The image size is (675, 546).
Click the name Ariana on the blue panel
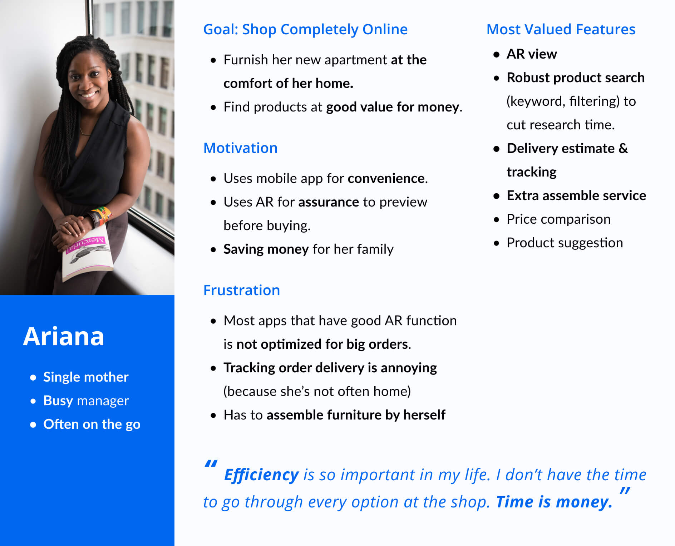pyautogui.click(x=64, y=337)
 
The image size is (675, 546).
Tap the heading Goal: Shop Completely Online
pyautogui.click(x=305, y=29)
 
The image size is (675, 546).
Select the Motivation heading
pyautogui.click(x=240, y=148)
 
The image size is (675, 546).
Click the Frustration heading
pyautogui.click(x=241, y=290)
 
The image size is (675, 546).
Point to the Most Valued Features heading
pyautogui.click(x=561, y=29)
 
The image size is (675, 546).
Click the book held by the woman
pyautogui.click(x=88, y=256)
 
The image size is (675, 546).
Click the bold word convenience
pyautogui.click(x=386, y=178)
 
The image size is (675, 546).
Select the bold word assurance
pyautogui.click(x=329, y=202)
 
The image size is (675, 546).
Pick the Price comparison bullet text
pyautogui.click(x=558, y=219)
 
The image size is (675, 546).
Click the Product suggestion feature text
pyautogui.click(x=565, y=243)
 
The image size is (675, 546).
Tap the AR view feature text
pyautogui.click(x=532, y=54)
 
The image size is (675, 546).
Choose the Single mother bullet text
pyautogui.click(x=86, y=377)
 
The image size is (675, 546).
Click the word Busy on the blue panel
pyautogui.click(x=58, y=401)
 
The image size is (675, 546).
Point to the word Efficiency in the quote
pyautogui.click(x=261, y=475)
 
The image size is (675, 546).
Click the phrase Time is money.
pyautogui.click(x=554, y=502)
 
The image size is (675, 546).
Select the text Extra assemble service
pyautogui.click(x=576, y=195)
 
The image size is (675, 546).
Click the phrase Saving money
pyautogui.click(x=266, y=249)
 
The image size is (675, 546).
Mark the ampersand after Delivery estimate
pyautogui.click(x=623, y=148)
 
